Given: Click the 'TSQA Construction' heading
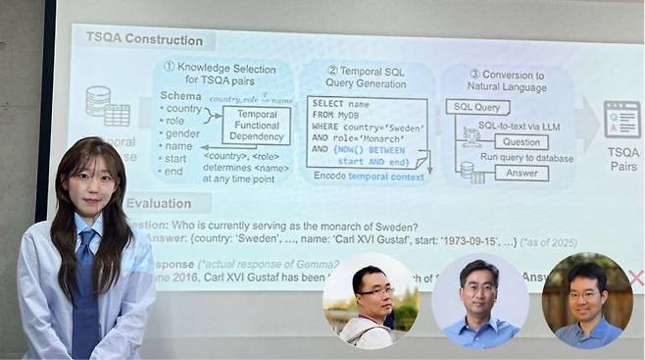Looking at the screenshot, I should [144, 40].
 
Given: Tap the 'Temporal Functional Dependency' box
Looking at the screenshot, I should [256, 126].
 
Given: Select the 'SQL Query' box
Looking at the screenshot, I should [476, 107].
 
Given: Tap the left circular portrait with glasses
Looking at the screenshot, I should [371, 300].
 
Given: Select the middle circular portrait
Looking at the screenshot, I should [480, 302].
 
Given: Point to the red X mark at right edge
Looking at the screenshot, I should [634, 278].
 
